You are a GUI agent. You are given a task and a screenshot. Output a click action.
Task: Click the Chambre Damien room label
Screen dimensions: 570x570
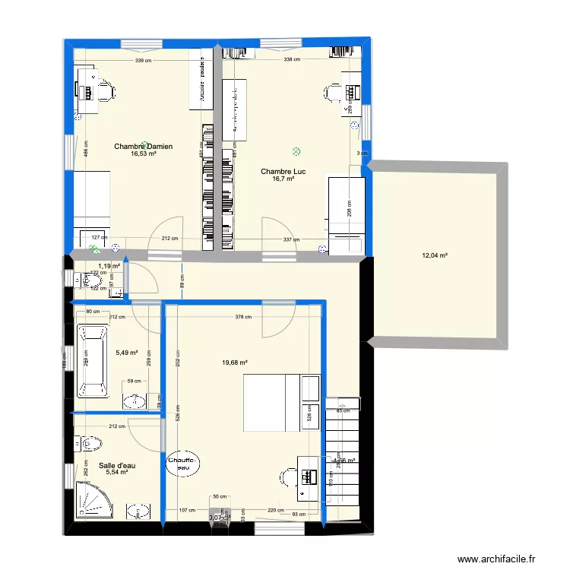click(143, 146)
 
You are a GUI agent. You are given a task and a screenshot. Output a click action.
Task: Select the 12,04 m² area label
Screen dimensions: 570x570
click(435, 256)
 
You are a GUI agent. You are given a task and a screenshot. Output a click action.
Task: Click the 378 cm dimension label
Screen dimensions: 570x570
click(243, 318)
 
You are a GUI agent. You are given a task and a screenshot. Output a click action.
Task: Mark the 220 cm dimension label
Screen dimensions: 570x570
click(275, 511)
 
